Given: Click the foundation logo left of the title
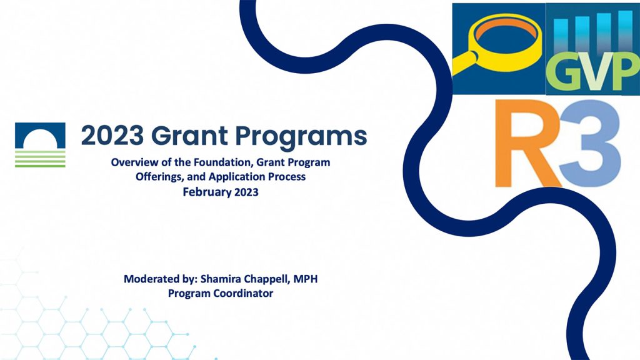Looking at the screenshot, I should tap(40, 144).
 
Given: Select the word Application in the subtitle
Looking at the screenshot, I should tap(236, 177).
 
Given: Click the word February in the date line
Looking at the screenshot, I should tap(207, 192).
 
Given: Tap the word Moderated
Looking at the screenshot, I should tap(152, 278).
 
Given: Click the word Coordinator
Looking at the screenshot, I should tap(242, 292).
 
